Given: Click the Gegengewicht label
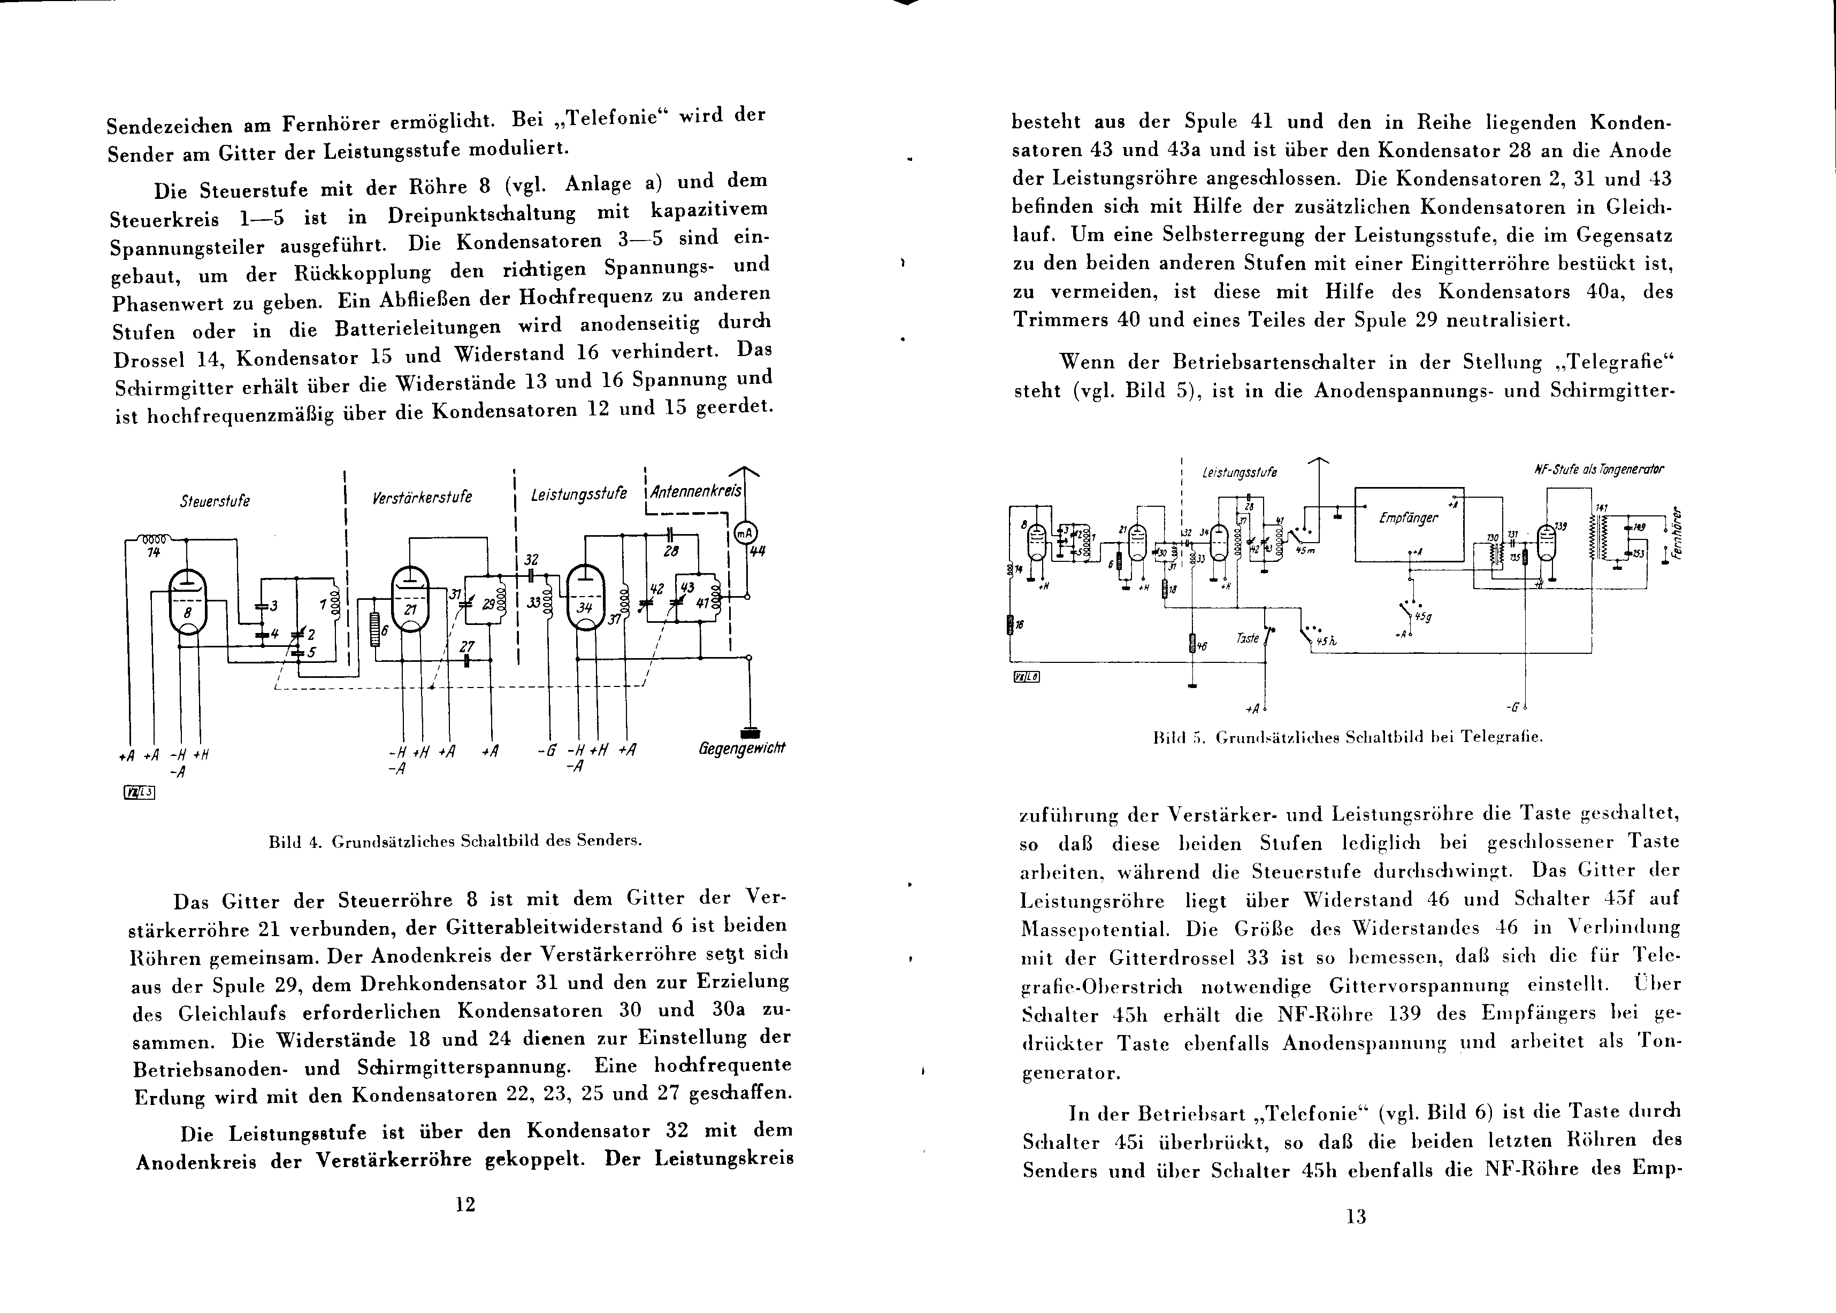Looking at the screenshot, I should click(741, 748).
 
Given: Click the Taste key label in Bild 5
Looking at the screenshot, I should click(1248, 639).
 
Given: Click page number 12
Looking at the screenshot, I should click(465, 1204).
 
